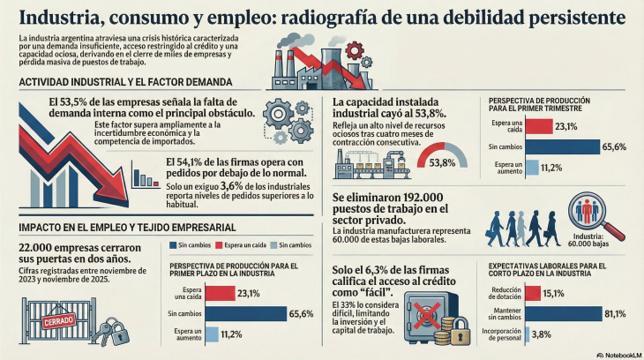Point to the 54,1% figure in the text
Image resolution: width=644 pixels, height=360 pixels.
click(x=199, y=161)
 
